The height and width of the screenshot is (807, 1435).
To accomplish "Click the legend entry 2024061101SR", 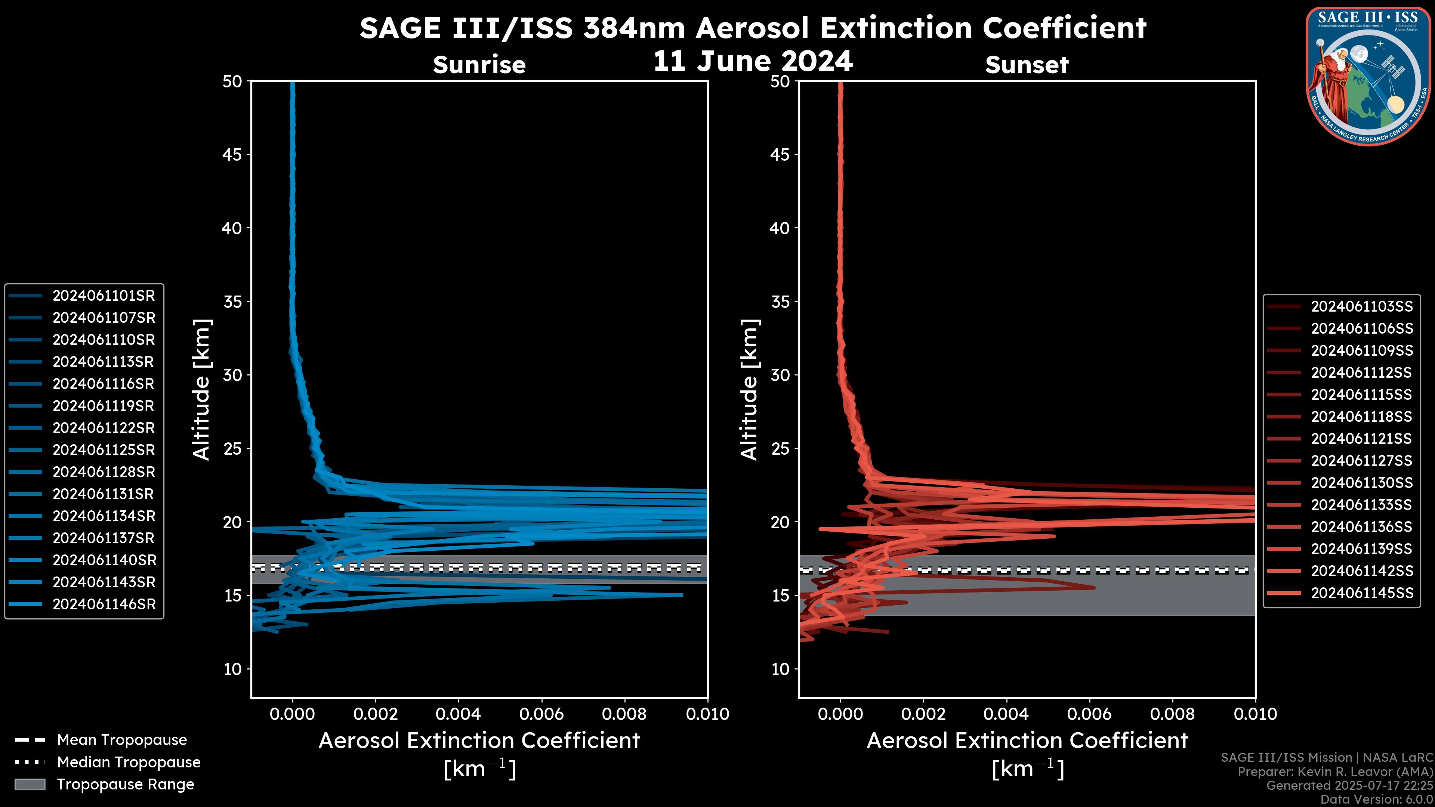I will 104,296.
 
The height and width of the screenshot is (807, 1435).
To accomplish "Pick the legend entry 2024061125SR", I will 104,450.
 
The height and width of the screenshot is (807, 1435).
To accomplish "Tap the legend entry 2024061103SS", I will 1361,307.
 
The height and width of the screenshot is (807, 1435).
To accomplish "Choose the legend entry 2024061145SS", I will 1361,593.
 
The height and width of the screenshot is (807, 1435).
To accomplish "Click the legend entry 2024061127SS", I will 1361,461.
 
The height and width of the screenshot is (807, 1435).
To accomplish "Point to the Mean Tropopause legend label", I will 122,740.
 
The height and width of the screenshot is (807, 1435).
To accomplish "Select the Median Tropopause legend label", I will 129,763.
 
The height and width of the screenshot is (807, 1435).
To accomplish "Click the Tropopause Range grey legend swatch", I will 30,785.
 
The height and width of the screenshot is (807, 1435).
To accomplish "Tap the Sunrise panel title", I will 479,65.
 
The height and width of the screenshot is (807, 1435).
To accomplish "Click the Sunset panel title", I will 1027,65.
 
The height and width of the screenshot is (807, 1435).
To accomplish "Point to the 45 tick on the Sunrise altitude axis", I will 232,155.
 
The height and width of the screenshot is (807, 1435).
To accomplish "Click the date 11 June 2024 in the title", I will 753,61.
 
